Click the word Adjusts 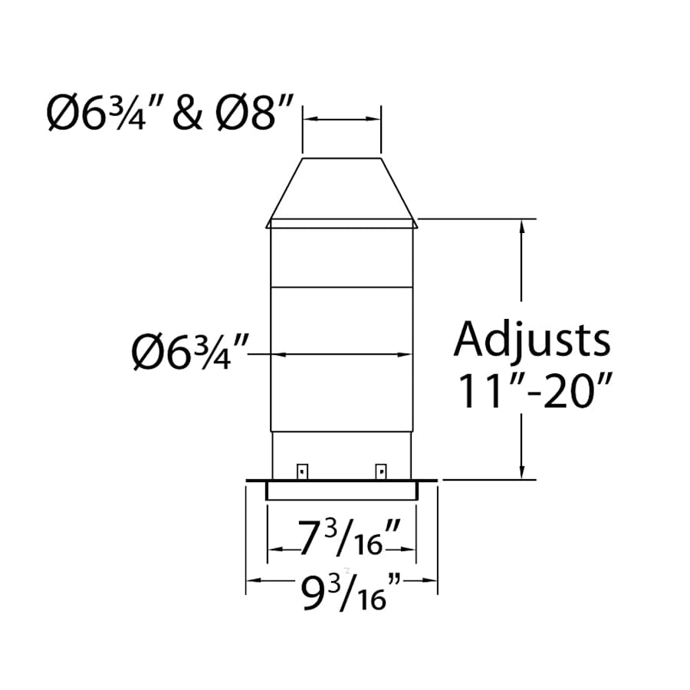click(533, 340)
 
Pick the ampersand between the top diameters click(187, 115)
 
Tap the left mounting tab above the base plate click(303, 471)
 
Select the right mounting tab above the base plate click(379, 471)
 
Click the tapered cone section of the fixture click(341, 192)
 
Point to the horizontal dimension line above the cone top click(341, 120)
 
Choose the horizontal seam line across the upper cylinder click(341, 287)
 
